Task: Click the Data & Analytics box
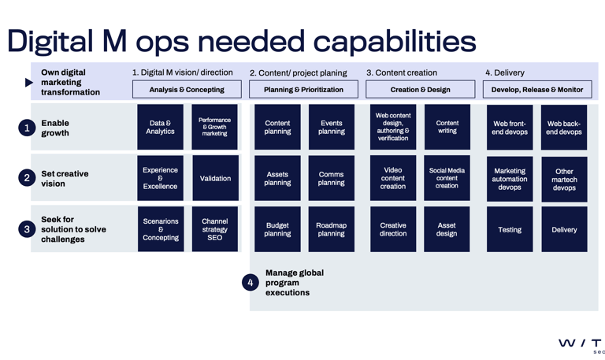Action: [x=160, y=128]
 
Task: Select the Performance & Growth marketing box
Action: [x=214, y=128]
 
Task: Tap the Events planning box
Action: [x=331, y=128]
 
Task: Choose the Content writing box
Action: [x=447, y=128]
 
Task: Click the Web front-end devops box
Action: [x=510, y=128]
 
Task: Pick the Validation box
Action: [x=214, y=179]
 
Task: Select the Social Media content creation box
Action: [x=447, y=179]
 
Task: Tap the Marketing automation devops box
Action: [x=510, y=179]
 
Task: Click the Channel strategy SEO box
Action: [x=214, y=229]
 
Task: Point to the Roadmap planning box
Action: [x=331, y=229]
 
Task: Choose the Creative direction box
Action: [x=392, y=229]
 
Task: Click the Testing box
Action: [x=510, y=229]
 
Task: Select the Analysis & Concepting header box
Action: [x=187, y=90]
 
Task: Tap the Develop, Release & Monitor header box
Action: [x=536, y=90]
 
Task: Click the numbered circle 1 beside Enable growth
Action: [x=27, y=128]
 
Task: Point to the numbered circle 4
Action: [x=251, y=282]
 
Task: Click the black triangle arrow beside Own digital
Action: [x=29, y=82]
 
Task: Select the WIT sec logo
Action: [x=581, y=345]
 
